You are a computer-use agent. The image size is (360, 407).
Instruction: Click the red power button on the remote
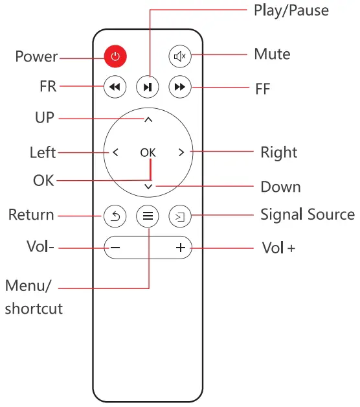pyautogui.click(x=115, y=57)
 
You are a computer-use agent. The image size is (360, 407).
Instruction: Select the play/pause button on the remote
pyautogui.click(x=148, y=87)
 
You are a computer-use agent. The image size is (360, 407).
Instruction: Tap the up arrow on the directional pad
pyautogui.click(x=148, y=120)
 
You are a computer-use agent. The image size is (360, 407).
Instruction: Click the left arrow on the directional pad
pyautogui.click(x=115, y=153)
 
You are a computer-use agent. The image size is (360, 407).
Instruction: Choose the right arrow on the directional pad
pyautogui.click(x=181, y=153)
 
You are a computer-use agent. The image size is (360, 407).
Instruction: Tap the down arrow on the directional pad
pyautogui.click(x=148, y=186)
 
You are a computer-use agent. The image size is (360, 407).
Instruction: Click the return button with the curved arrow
pyautogui.click(x=115, y=216)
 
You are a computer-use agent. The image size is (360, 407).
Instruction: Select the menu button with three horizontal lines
pyautogui.click(x=148, y=216)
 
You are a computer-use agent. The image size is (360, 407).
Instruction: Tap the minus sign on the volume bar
pyautogui.click(x=115, y=248)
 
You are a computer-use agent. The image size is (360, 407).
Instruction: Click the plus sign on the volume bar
pyautogui.click(x=180, y=248)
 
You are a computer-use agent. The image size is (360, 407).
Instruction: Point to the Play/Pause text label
pyautogui.click(x=291, y=10)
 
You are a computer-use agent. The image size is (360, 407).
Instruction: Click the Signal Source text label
pyautogui.click(x=307, y=215)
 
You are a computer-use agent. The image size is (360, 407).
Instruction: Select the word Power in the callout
pyautogui.click(x=36, y=57)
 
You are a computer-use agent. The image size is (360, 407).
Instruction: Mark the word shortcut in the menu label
pyautogui.click(x=34, y=308)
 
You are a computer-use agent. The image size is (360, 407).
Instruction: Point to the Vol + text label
pyautogui.click(x=278, y=248)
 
